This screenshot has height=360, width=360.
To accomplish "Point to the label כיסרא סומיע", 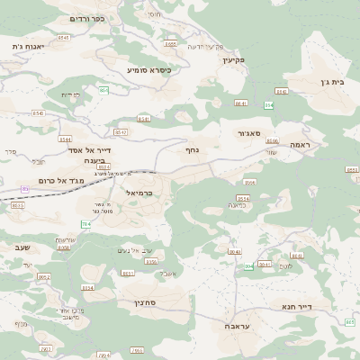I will (148, 69).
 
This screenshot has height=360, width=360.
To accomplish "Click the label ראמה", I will (300, 144).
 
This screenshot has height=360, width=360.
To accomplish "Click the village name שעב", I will (23, 246).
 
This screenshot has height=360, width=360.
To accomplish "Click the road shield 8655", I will (170, 43).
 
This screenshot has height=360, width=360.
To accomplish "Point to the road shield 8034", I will (87, 287).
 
